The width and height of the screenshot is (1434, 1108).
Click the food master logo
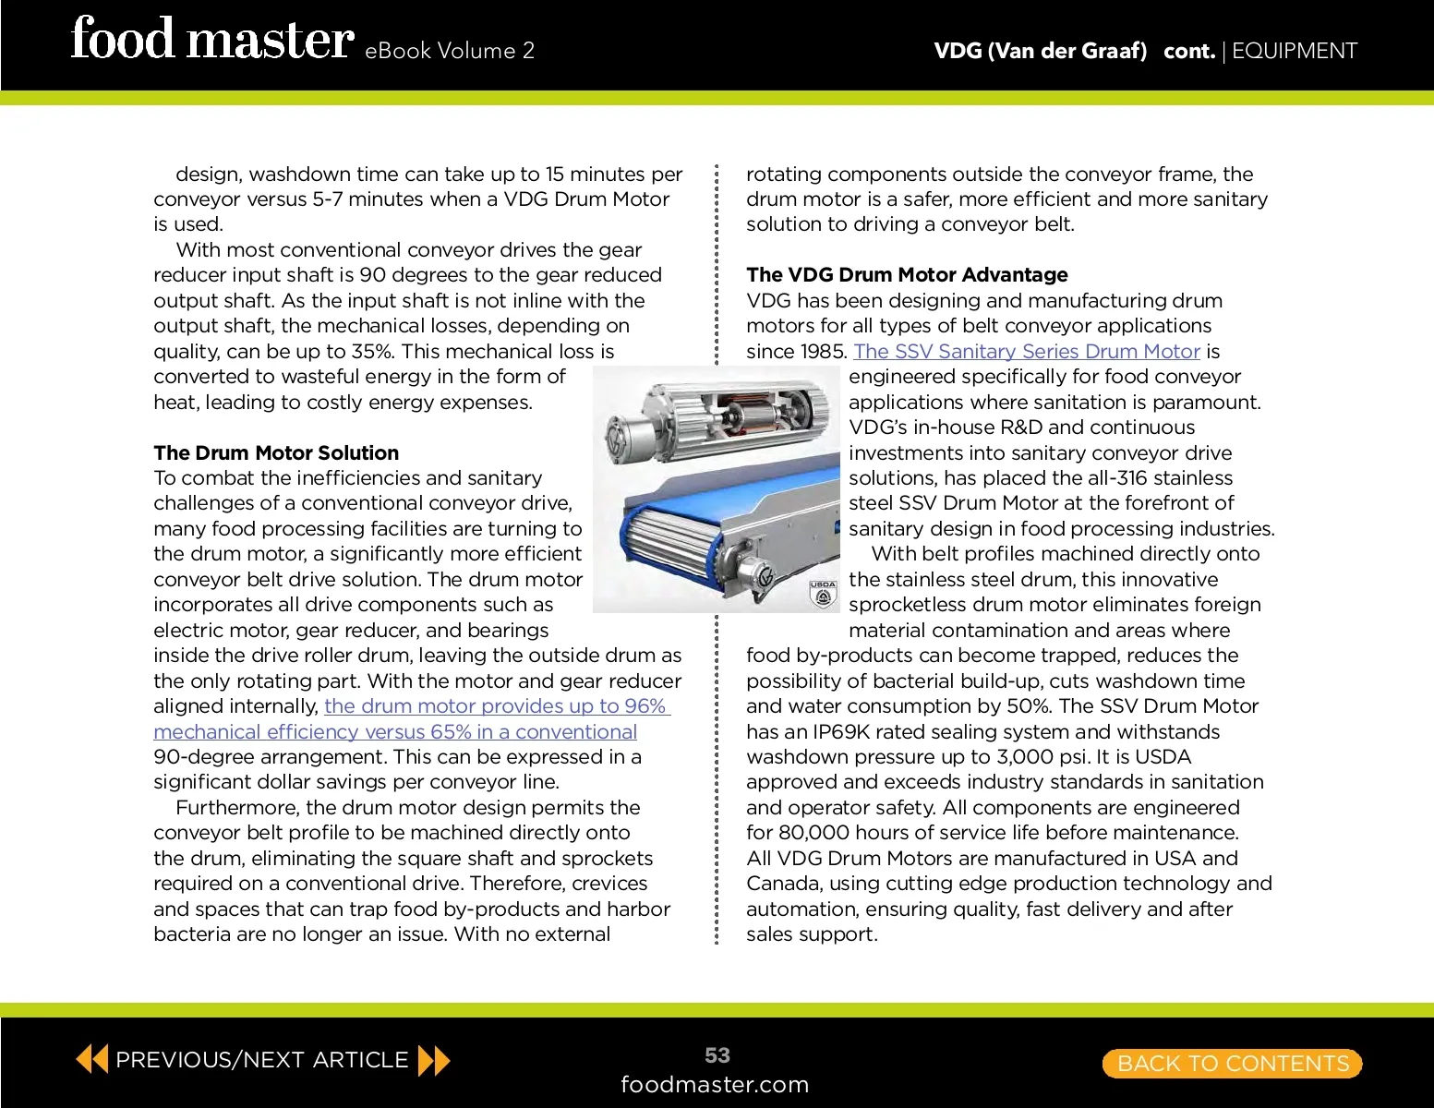click(211, 40)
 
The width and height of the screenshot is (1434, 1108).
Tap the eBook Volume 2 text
click(450, 51)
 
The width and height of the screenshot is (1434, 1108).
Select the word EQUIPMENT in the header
click(1294, 51)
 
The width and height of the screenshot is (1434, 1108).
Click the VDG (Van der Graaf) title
click(1040, 51)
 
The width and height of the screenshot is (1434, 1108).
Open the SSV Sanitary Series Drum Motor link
click(1026, 351)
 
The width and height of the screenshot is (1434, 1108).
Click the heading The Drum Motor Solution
click(276, 452)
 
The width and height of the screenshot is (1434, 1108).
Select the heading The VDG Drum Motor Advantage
click(907, 274)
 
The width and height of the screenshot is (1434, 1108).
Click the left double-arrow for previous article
click(91, 1058)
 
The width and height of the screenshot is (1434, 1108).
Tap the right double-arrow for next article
click(434, 1061)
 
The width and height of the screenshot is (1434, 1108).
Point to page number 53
click(717, 1054)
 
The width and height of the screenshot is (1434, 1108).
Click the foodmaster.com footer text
click(715, 1084)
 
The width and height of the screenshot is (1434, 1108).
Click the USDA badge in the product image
click(823, 594)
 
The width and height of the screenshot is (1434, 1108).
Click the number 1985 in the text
click(822, 352)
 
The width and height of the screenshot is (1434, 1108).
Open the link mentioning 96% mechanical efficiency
click(412, 718)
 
